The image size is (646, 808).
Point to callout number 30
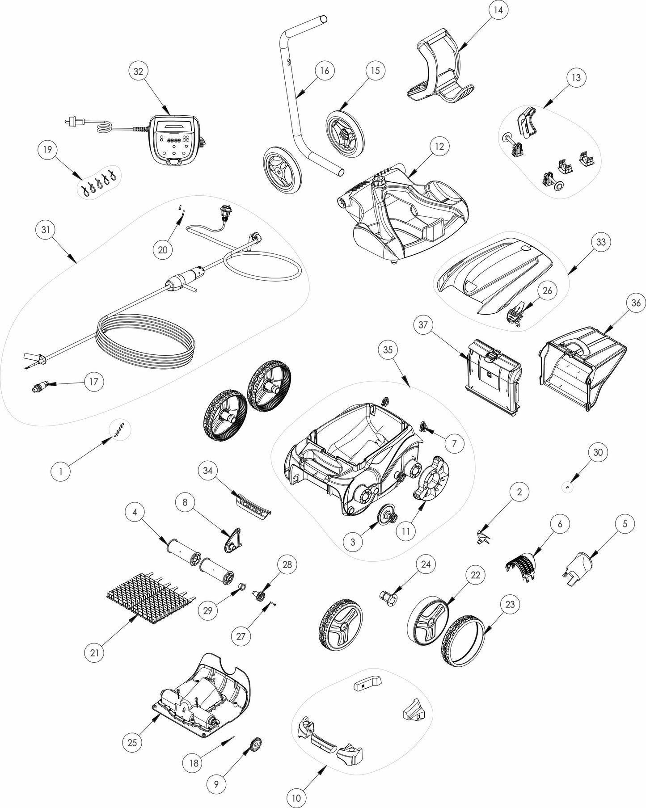coord(598,452)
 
